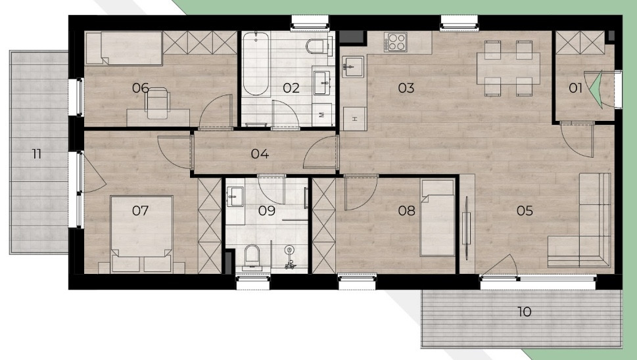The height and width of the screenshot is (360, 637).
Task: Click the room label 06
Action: [x=140, y=87]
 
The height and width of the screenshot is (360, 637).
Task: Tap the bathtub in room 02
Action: [x=256, y=64]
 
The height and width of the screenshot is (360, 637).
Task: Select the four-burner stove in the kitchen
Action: [x=395, y=42]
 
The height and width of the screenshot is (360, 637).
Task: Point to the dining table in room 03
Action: [x=508, y=68]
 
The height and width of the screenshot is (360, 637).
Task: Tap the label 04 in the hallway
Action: [x=260, y=154]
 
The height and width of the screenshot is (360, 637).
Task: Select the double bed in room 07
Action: [x=141, y=234]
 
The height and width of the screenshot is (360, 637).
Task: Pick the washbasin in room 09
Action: [x=235, y=197]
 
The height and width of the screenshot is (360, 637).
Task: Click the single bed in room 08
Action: [x=437, y=218]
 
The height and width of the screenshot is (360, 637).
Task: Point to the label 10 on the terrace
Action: [x=524, y=311]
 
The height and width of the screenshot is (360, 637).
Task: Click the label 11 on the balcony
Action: [x=37, y=154]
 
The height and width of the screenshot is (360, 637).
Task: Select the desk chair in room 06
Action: [x=158, y=104]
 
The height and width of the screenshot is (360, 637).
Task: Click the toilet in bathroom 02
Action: [x=317, y=46]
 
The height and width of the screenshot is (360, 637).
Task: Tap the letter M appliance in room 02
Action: [x=322, y=114]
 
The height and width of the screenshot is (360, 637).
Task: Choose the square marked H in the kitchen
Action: [x=355, y=119]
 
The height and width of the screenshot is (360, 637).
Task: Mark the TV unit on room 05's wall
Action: [x=466, y=228]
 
